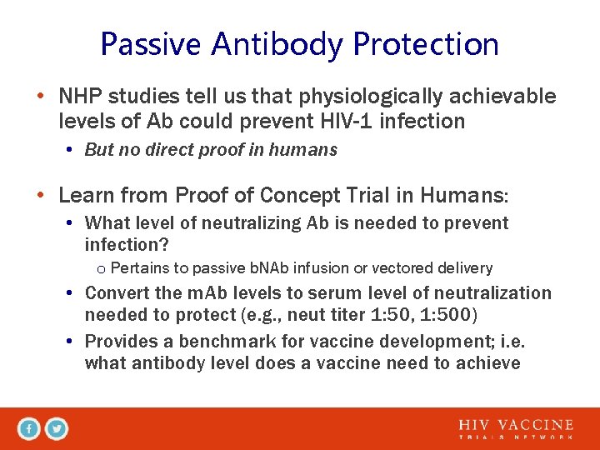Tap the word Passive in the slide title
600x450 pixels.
(152, 44)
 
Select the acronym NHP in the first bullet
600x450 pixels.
(80, 97)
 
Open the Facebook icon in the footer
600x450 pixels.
(29, 429)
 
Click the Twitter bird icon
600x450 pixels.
(57, 429)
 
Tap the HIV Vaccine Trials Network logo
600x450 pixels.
(516, 429)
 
